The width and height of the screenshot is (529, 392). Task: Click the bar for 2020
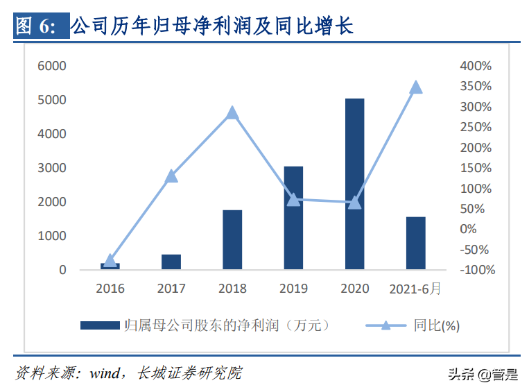(354, 184)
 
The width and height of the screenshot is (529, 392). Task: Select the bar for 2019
(293, 218)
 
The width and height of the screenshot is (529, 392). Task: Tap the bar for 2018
(232, 239)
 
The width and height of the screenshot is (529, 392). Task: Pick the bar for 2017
(171, 262)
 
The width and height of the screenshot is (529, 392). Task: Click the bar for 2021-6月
(415, 243)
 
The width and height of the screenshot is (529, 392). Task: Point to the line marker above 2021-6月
(415, 87)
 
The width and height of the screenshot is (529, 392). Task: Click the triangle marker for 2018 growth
(232, 113)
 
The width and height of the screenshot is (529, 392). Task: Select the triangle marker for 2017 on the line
(171, 176)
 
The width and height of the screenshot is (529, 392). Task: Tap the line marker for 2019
(293, 200)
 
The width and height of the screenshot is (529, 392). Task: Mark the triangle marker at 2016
(110, 261)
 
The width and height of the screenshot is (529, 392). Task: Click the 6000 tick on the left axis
(52, 66)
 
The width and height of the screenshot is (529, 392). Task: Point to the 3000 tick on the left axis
(52, 168)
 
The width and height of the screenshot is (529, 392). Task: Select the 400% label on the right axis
(476, 66)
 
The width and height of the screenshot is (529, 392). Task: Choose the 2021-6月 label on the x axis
(415, 288)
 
